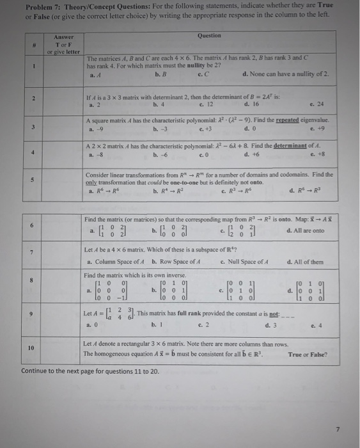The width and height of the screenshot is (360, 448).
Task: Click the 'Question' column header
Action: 209,36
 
